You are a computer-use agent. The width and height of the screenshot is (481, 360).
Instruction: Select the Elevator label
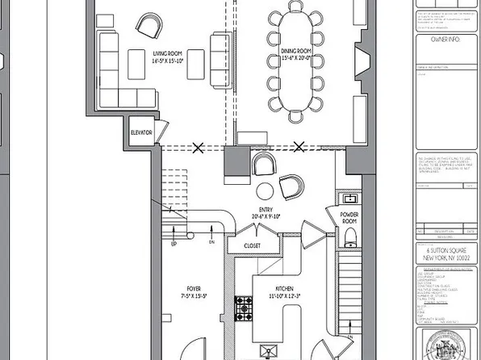pos(141,131)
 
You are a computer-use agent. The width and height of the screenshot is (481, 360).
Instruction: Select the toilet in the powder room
pos(349,236)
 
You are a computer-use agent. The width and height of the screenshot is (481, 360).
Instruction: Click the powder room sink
pos(350,198)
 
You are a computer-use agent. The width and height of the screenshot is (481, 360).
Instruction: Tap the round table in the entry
pos(264,191)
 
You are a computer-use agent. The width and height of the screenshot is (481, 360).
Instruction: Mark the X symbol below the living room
pos(198,147)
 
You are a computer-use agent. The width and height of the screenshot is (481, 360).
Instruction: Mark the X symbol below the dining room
pos(300,147)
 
